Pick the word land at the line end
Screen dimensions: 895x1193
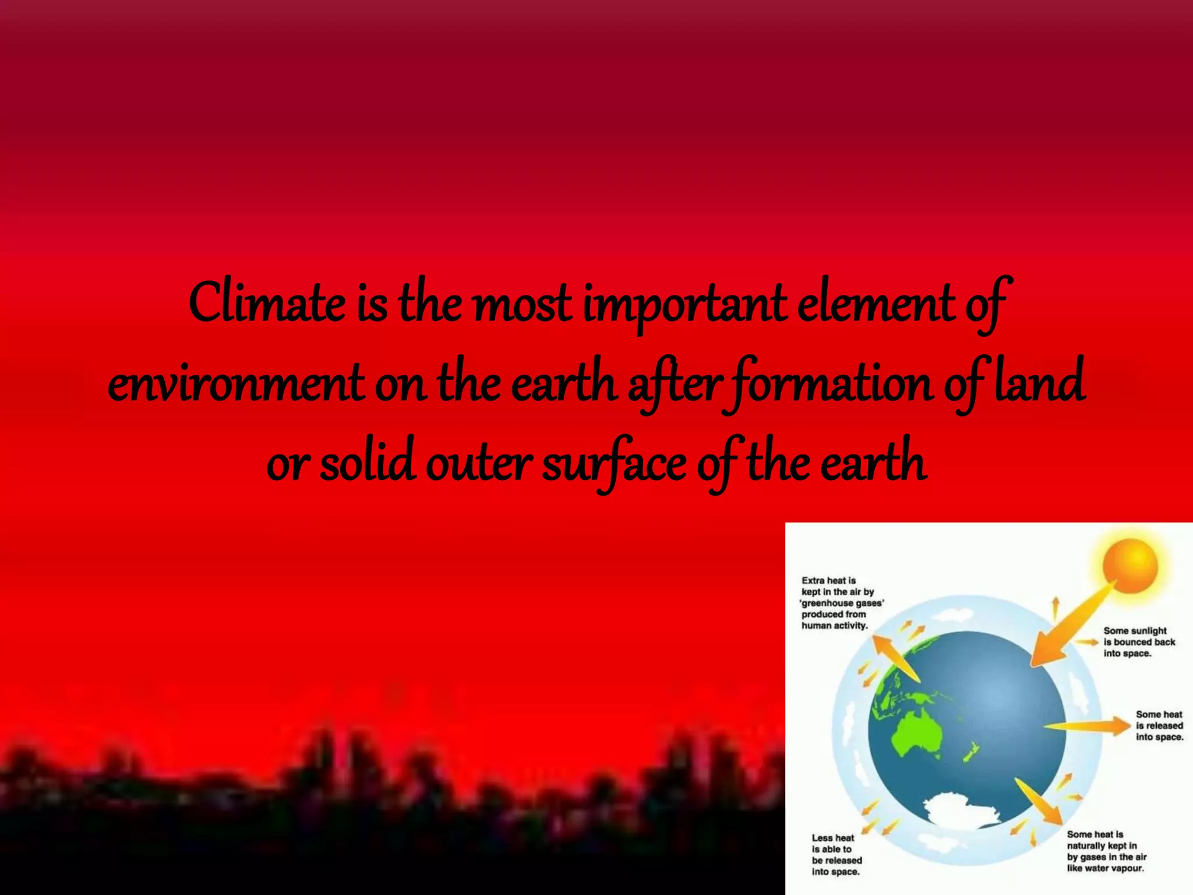pos(1039,382)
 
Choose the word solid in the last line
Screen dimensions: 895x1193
pos(367,463)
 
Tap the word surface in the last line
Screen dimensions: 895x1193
pos(615,463)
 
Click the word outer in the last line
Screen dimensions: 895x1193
pos(478,463)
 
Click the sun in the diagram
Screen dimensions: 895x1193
pos(1130,565)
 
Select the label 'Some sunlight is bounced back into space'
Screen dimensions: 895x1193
pos(1139,642)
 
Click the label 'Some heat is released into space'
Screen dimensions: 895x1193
pos(1159,725)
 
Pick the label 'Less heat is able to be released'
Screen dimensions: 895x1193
pos(836,854)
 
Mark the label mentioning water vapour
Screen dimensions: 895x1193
pos(1106,851)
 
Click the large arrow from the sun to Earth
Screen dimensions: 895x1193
pos(1072,626)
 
